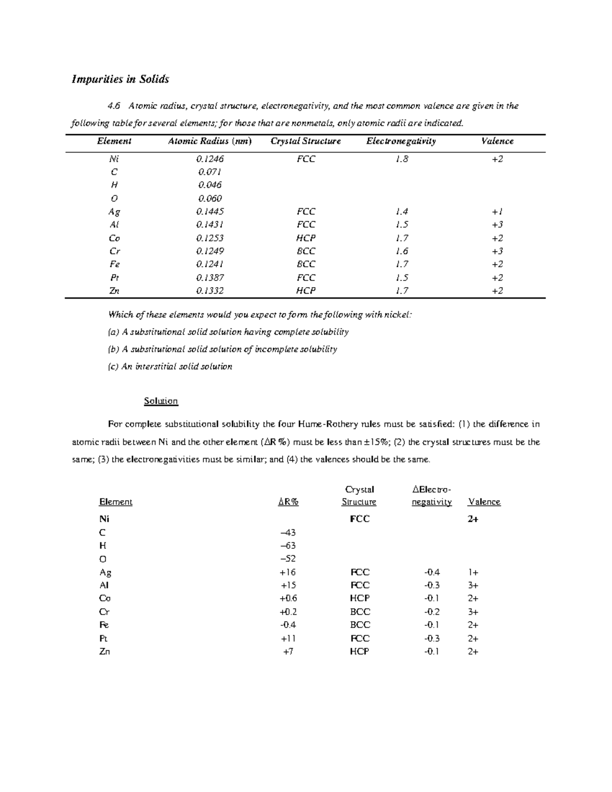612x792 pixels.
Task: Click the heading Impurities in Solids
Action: [x=120, y=79]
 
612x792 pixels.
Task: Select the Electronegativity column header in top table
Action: [x=401, y=141]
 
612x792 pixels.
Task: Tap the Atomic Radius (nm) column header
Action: [x=210, y=141]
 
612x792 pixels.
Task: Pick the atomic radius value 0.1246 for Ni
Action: [x=210, y=159]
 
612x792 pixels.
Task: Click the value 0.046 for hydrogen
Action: [x=210, y=185]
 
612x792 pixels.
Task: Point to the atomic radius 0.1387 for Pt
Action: [x=210, y=277]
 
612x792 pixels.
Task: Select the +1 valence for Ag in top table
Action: [x=497, y=212]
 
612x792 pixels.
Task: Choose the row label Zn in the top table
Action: [x=114, y=291]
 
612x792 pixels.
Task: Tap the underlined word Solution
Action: [x=161, y=401]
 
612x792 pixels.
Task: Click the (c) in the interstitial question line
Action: [x=113, y=366]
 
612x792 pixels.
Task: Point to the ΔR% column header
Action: [x=288, y=502]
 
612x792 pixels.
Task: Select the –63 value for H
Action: [x=288, y=546]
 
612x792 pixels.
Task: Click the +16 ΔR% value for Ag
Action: [x=288, y=572]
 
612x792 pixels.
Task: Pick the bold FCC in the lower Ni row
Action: [x=360, y=519]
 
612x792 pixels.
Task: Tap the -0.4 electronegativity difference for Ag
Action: [x=431, y=572]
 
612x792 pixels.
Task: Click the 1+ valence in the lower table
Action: [x=473, y=572]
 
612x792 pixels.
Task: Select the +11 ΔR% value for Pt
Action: [x=288, y=638]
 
